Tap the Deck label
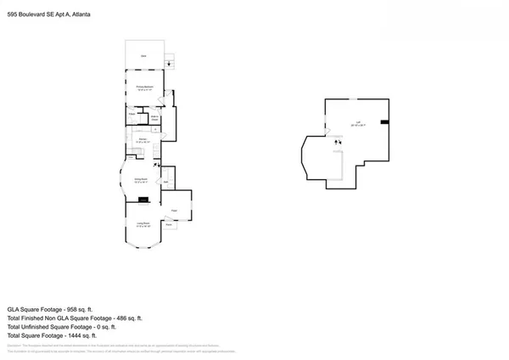point(143,56)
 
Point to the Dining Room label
point(143,180)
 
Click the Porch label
point(170,224)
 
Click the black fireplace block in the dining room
point(144,201)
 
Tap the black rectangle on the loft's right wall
point(385,122)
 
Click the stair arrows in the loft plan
point(338,142)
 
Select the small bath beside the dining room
point(167,181)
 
